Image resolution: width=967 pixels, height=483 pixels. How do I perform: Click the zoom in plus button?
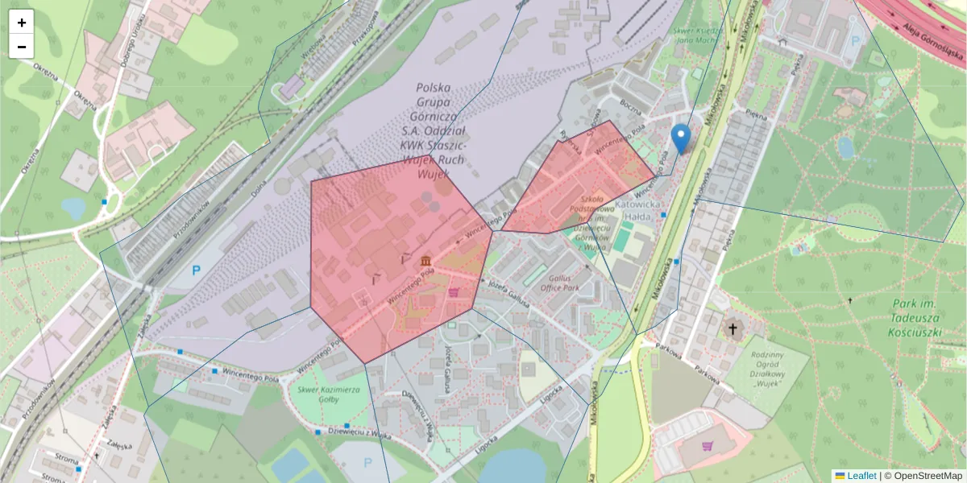(x=22, y=23)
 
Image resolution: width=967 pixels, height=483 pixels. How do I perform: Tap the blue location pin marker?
(x=681, y=138)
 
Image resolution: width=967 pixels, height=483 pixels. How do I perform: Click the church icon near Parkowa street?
(x=733, y=328)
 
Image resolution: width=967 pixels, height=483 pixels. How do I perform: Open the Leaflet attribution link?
(x=861, y=476)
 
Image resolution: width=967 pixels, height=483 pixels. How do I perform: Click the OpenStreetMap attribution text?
(x=923, y=476)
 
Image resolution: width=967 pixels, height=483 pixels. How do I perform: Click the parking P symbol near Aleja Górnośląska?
(x=855, y=39)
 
